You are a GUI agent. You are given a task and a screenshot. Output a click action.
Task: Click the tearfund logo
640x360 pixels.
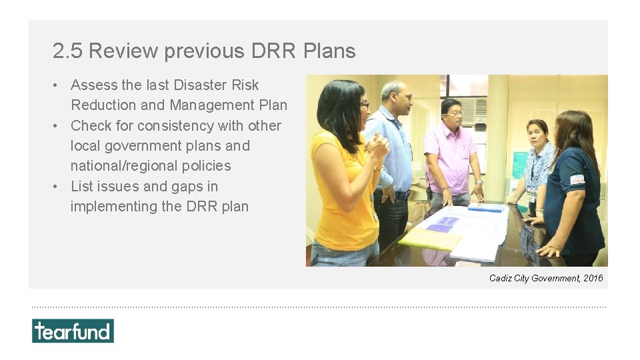[73, 331]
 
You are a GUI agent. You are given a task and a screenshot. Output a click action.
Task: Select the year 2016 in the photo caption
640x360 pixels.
[593, 278]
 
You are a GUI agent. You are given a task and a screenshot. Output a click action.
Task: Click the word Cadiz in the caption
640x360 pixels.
[500, 278]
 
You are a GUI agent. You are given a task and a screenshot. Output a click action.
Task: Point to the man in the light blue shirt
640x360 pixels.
[393, 153]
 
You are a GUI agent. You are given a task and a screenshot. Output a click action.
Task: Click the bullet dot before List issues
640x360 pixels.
[59, 187]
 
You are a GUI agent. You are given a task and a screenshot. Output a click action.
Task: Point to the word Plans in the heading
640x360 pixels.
[329, 51]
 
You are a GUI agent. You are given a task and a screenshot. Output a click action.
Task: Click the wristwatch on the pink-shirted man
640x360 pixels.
[479, 182]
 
